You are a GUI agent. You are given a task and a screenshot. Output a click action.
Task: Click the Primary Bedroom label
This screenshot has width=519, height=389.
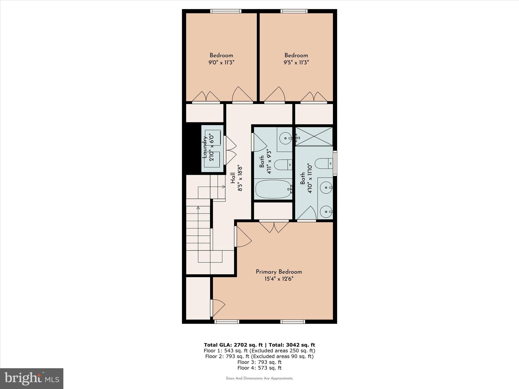279,272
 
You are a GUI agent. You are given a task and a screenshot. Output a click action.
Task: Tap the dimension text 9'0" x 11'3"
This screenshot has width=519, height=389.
221,63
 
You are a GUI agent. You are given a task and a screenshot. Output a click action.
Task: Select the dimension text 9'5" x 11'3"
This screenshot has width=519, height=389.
296,63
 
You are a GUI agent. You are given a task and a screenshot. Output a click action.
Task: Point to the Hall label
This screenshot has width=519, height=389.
233,178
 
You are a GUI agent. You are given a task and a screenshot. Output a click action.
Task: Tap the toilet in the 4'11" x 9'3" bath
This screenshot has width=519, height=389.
283,165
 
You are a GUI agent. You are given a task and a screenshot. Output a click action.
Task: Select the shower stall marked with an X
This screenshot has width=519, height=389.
314,137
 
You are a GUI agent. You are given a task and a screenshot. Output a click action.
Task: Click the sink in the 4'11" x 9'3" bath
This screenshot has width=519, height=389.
286,138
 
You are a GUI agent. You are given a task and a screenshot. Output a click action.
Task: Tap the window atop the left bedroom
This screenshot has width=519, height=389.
226,11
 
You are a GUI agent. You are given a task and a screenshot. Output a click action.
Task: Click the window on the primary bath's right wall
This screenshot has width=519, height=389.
335,163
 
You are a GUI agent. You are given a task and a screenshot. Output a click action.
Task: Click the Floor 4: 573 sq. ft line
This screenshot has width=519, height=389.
259,368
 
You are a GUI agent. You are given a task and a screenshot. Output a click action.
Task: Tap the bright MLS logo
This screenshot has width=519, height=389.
32,378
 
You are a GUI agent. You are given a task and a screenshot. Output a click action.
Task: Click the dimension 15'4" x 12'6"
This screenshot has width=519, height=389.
279,279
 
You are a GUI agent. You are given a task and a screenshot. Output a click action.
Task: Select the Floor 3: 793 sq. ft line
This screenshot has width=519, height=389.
259,362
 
